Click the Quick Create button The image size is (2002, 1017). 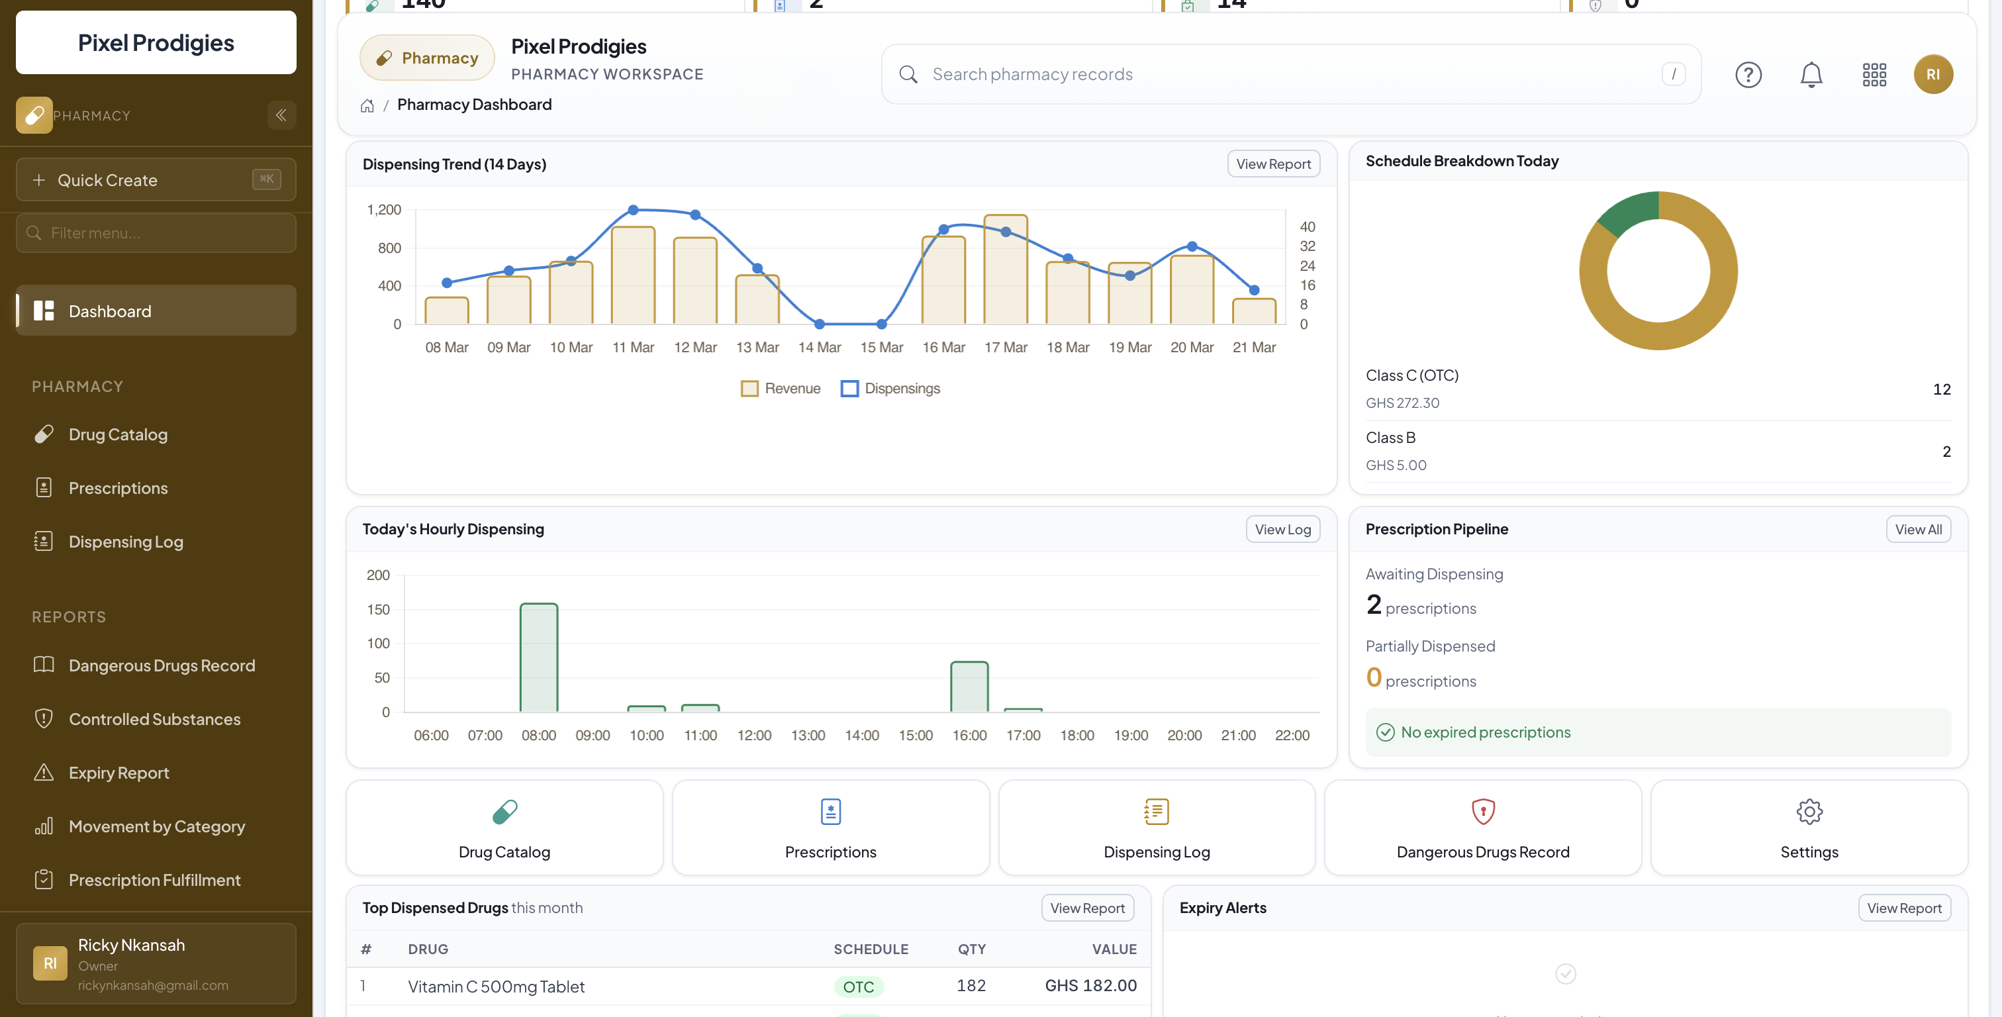[x=156, y=179]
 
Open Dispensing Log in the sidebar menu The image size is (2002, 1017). [x=125, y=542]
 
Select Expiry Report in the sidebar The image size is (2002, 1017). [x=118, y=773]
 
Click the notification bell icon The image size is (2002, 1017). [x=1811, y=75]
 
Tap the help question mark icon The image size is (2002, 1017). [x=1748, y=75]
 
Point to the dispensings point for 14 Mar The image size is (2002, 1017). [x=819, y=324]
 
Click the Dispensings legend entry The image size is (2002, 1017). [x=890, y=389]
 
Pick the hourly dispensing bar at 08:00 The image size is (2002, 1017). [x=539, y=657]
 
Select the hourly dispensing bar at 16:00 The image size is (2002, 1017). [x=969, y=687]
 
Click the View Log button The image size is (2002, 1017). [x=1282, y=530]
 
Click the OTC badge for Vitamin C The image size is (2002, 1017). [x=858, y=987]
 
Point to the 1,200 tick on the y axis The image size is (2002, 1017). [x=384, y=210]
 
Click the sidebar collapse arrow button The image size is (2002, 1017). [x=281, y=115]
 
